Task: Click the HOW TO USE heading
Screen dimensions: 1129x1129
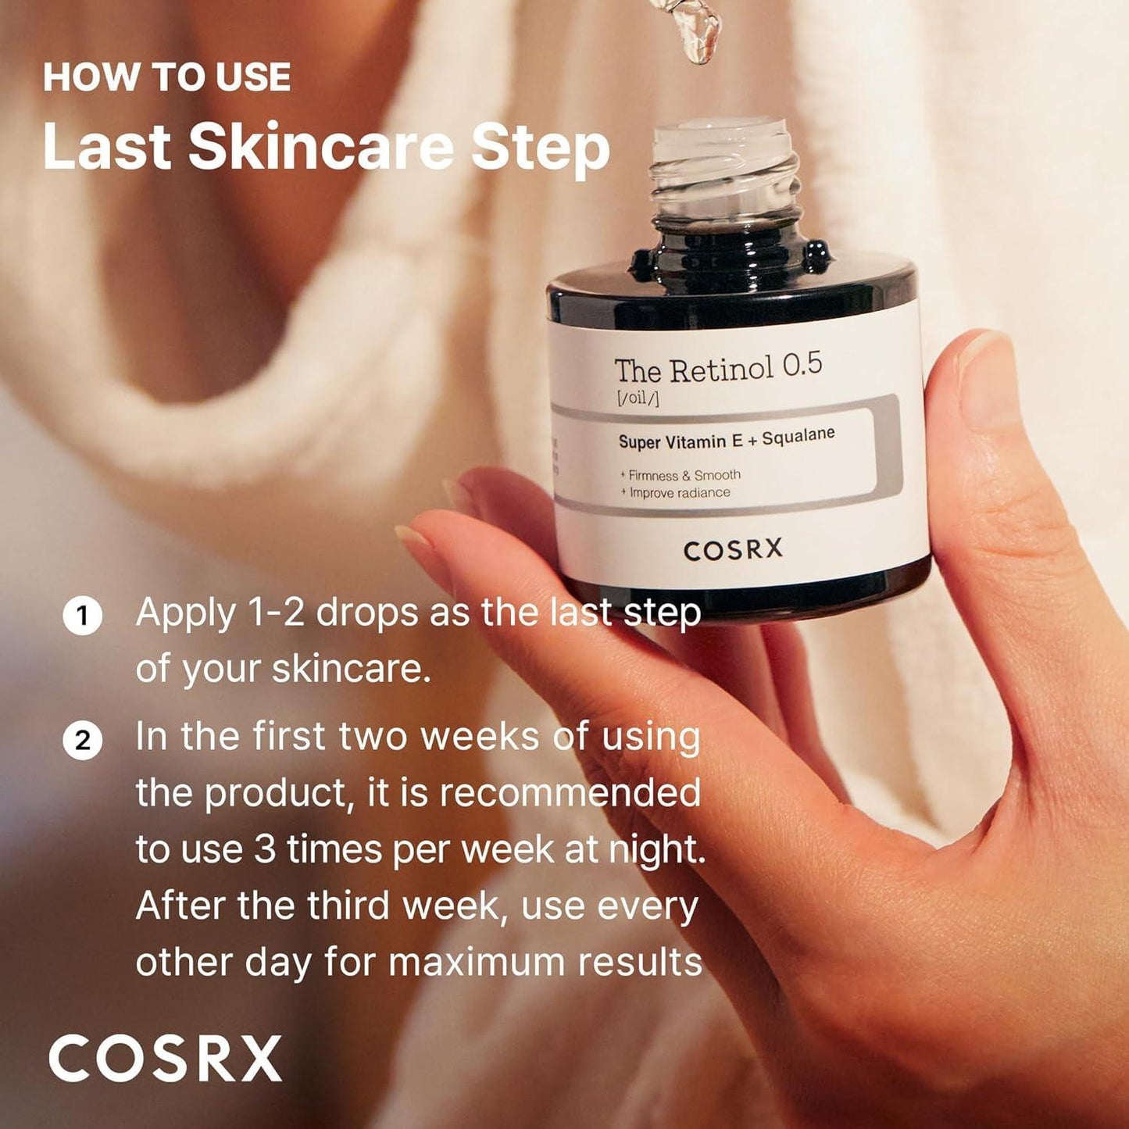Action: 166,77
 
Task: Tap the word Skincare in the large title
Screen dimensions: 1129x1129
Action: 320,147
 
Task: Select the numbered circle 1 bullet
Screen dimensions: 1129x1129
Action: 82,616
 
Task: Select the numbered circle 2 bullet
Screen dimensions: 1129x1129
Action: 82,739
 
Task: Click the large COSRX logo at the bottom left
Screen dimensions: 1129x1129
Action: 165,1059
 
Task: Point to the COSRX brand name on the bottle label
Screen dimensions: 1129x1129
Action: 732,550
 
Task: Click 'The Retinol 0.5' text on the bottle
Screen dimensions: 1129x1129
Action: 717,369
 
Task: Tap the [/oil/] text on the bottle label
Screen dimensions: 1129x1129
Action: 637,399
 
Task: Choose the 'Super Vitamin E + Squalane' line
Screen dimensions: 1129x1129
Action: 726,439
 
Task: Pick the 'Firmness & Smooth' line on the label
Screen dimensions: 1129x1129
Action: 684,475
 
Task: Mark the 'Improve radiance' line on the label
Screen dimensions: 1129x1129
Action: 679,493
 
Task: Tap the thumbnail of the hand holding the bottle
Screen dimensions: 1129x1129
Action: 988,375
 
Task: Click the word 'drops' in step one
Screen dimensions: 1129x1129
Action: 366,613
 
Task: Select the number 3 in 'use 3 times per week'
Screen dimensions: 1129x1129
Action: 265,850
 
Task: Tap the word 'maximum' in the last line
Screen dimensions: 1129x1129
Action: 476,963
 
